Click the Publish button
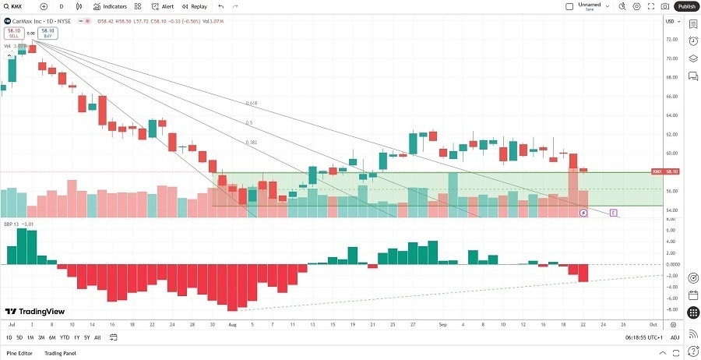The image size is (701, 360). click(686, 6)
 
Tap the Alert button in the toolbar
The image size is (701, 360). click(163, 6)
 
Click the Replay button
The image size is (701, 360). click(196, 6)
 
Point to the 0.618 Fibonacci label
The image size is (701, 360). click(251, 103)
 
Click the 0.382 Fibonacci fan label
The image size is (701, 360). click(250, 142)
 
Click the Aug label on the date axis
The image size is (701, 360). click(232, 323)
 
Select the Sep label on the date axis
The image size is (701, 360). click(442, 323)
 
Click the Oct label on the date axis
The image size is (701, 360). click(653, 323)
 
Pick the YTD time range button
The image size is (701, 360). click(64, 337)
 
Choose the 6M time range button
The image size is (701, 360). click(52, 337)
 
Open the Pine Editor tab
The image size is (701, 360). click(19, 353)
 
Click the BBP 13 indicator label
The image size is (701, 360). click(12, 223)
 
